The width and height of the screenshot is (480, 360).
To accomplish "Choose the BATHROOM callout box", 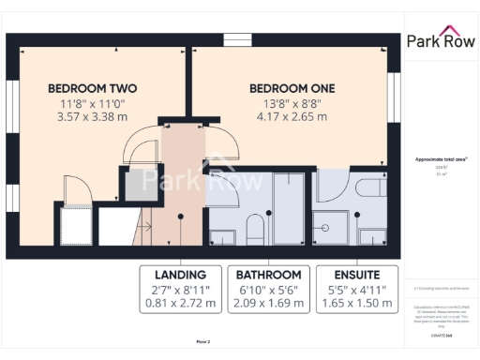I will coord(268,289).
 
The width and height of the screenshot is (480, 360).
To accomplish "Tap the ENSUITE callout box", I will coord(354,289).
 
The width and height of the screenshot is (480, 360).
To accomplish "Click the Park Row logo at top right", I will coord(442,41).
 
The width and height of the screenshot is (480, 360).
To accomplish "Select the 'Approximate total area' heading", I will coord(442,159).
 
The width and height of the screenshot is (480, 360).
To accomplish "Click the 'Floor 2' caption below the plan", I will coord(203,343).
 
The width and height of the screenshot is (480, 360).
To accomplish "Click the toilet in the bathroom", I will coord(253,228).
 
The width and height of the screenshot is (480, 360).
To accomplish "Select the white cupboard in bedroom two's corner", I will coord(75,226).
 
